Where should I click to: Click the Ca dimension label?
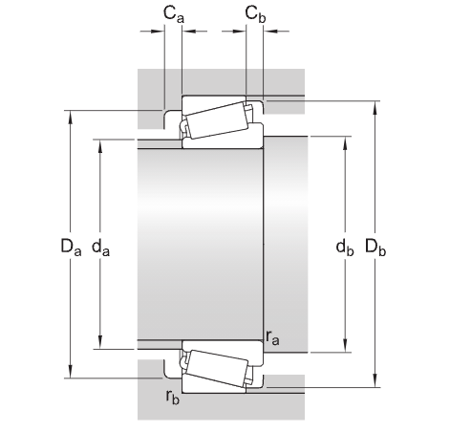pyautogui.click(x=172, y=13)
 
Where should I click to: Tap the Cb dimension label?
pyautogui.click(x=254, y=13)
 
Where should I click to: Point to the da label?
pyautogui.click(x=100, y=248)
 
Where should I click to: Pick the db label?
pyautogui.click(x=344, y=248)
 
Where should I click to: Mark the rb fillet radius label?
pyautogui.click(x=171, y=396)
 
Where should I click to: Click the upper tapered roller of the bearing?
pyautogui.click(x=216, y=121)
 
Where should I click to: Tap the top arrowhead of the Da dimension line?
pyautogui.click(x=70, y=117)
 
